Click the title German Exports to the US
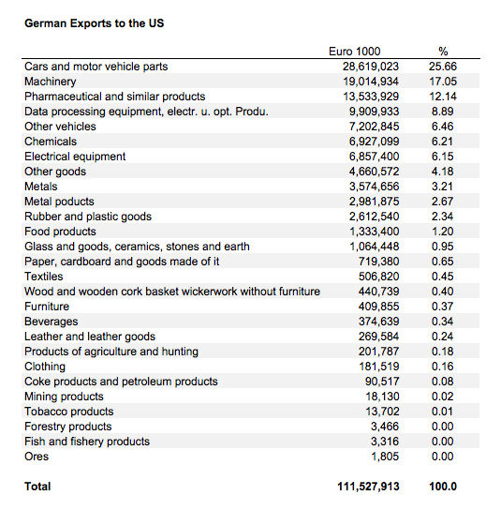(x=95, y=23)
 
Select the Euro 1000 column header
(x=355, y=52)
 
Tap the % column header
(x=443, y=52)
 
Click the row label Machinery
(x=51, y=82)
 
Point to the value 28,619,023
(x=371, y=67)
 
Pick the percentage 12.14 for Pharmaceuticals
(x=443, y=97)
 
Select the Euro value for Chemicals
(x=374, y=142)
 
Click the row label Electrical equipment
(x=75, y=157)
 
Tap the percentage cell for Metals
(x=442, y=187)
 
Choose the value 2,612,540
(x=374, y=217)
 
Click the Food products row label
(x=61, y=232)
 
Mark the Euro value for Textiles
(x=378, y=277)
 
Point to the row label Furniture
(x=47, y=307)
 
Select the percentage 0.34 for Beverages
(x=442, y=322)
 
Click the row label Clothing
(x=45, y=367)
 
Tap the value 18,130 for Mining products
(x=382, y=397)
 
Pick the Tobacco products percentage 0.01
(x=442, y=412)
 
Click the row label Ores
(x=37, y=457)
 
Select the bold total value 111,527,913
(x=368, y=487)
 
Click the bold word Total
(x=37, y=487)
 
